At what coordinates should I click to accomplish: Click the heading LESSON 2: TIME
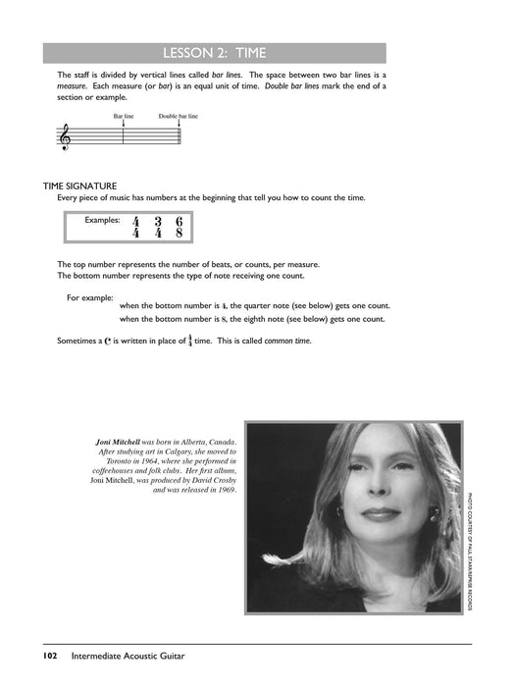[215, 53]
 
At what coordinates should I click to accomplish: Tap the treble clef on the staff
[66, 136]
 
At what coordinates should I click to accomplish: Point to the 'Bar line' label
[124, 116]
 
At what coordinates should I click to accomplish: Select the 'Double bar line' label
[179, 116]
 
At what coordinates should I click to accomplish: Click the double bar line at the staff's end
[180, 135]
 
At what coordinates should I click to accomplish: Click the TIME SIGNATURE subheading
[79, 186]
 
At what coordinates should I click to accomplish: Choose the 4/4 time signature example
[135, 228]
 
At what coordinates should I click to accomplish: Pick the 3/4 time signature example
[158, 228]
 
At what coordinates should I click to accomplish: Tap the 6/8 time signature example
[180, 228]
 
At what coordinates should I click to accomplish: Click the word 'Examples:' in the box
[102, 220]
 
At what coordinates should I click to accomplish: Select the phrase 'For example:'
[90, 298]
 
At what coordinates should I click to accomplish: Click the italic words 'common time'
[287, 341]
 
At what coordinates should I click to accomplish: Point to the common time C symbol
[108, 341]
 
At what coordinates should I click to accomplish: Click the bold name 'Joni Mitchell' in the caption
[119, 442]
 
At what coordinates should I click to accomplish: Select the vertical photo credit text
[470, 552]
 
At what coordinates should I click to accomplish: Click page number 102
[50, 656]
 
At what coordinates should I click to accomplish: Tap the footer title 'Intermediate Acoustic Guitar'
[128, 656]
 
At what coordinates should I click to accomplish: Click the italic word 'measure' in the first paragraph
[72, 86]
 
